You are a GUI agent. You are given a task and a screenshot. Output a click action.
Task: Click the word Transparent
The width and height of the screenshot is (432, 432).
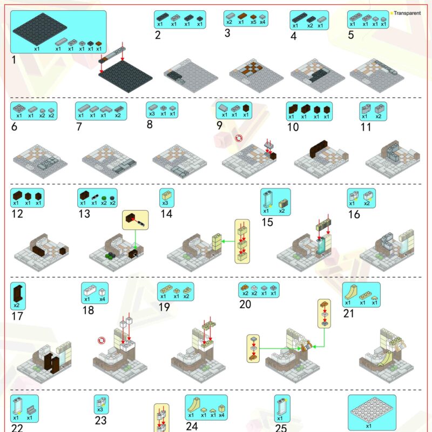click(407, 13)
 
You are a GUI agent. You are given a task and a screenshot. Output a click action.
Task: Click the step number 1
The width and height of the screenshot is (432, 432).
click(14, 60)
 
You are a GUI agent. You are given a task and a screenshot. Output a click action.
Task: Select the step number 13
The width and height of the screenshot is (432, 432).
click(84, 214)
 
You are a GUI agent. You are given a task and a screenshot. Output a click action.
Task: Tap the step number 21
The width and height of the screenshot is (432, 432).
click(348, 314)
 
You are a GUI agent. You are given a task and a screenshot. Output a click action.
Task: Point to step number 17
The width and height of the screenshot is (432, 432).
click(17, 316)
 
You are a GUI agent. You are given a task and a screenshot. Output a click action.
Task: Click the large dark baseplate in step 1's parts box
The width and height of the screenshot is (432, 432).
click(40, 30)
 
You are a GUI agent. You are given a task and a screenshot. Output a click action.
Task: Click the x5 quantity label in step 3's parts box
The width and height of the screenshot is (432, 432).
click(253, 22)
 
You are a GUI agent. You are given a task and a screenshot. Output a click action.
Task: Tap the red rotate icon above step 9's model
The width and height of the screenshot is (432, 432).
click(239, 138)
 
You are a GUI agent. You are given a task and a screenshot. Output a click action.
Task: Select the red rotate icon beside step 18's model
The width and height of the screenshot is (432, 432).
click(102, 341)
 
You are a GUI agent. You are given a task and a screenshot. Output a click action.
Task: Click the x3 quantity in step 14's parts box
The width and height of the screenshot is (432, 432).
click(165, 203)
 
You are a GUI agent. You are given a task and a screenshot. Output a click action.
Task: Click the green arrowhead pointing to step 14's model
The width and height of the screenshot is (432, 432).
click(223, 241)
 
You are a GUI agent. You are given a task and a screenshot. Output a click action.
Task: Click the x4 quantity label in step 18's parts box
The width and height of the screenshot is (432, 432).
click(102, 299)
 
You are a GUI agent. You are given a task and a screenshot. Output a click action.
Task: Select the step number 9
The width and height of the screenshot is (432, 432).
click(219, 125)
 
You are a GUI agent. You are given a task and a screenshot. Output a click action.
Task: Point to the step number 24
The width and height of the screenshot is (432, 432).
click(192, 427)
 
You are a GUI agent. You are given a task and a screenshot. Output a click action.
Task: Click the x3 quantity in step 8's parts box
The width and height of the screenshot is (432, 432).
click(152, 113)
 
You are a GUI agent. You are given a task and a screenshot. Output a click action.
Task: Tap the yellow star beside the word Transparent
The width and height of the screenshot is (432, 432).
click(391, 13)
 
